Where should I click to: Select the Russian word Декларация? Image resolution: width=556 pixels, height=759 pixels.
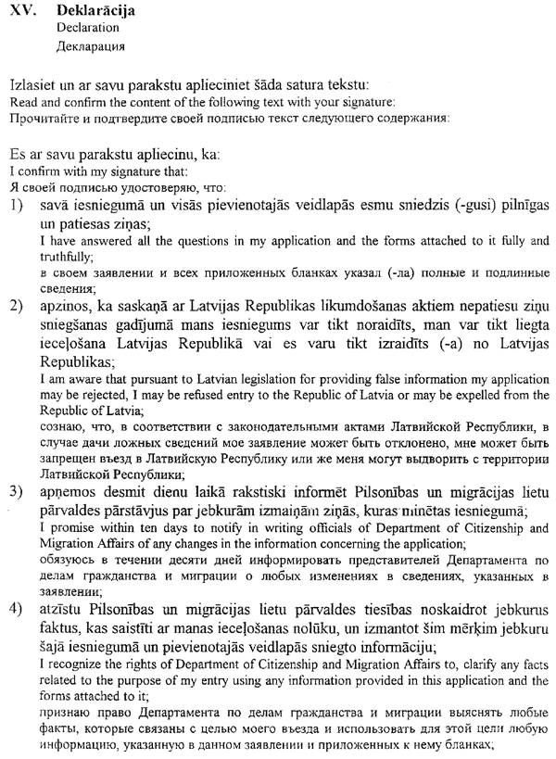[91, 45]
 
